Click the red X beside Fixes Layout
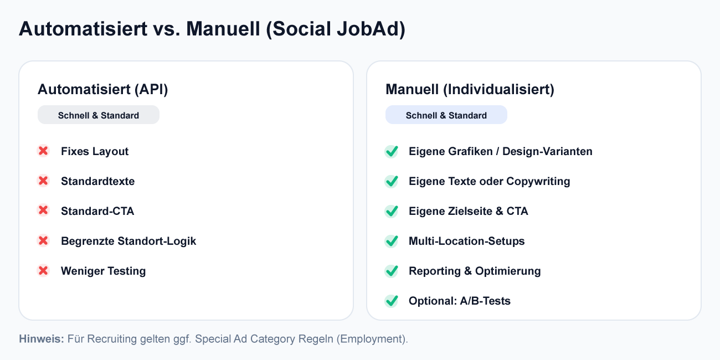coord(43,151)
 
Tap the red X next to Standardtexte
coord(43,181)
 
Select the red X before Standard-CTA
coord(43,211)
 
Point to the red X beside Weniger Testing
coord(43,271)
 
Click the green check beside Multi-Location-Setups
coord(392,241)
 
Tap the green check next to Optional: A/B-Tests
coord(392,301)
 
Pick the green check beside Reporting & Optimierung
coord(392,271)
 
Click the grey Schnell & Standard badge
coord(99,115)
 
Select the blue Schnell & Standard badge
coord(446,115)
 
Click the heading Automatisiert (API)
coord(102,90)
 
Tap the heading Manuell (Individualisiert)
coord(470,90)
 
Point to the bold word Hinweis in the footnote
coord(42,339)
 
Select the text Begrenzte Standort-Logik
coord(128,241)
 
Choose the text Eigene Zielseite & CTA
coord(468,211)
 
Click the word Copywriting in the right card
coord(538,181)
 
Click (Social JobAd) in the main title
coord(336,29)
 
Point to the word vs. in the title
coord(166,29)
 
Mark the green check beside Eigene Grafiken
coord(392,151)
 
